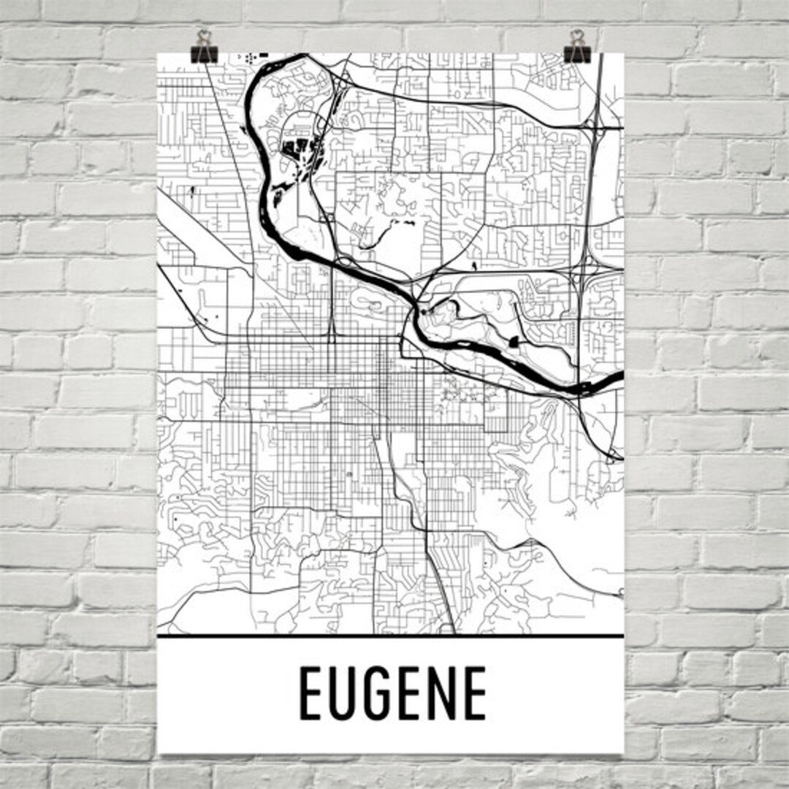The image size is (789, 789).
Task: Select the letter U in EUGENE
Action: point(344,693)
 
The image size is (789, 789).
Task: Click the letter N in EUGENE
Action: point(441,693)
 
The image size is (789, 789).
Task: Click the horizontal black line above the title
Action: point(390,636)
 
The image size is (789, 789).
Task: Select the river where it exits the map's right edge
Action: point(618,377)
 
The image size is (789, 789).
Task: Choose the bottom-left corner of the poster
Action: point(159,752)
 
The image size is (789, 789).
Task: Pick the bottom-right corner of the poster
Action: point(623,752)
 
